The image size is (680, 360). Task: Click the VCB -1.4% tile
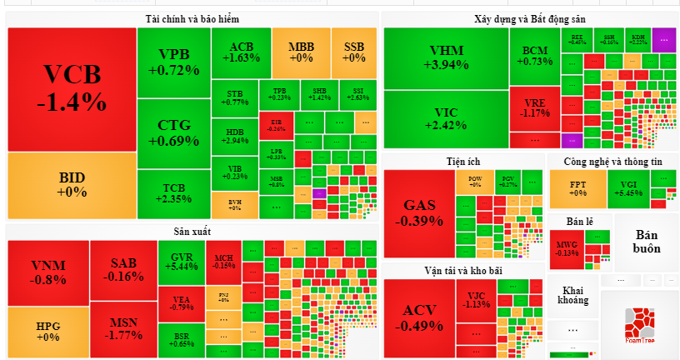click(x=72, y=89)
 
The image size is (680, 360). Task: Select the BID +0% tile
click(x=72, y=184)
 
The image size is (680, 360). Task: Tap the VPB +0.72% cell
click(x=173, y=62)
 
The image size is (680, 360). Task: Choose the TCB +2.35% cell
click(x=173, y=192)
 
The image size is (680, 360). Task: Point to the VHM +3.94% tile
click(x=446, y=57)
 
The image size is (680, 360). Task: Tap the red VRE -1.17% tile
click(x=534, y=107)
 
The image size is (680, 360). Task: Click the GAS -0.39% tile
click(x=418, y=212)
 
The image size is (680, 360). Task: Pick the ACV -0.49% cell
click(x=418, y=317)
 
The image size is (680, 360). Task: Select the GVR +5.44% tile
click(x=182, y=261)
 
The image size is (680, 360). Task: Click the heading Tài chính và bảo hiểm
click(x=192, y=18)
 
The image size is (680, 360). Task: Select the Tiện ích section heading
click(x=462, y=161)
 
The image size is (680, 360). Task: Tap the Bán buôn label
click(x=646, y=241)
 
